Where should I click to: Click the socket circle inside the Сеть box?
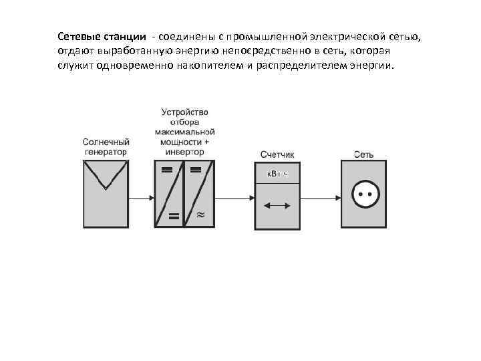pos(364,197)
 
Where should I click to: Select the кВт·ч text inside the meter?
pos(277,174)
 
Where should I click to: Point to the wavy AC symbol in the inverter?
pos(200,215)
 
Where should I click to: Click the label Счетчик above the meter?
pos(277,155)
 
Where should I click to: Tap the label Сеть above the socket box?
pos(364,155)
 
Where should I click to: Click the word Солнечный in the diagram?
pos(106,142)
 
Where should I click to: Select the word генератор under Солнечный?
pos(106,152)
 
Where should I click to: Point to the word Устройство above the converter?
pos(185,112)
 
